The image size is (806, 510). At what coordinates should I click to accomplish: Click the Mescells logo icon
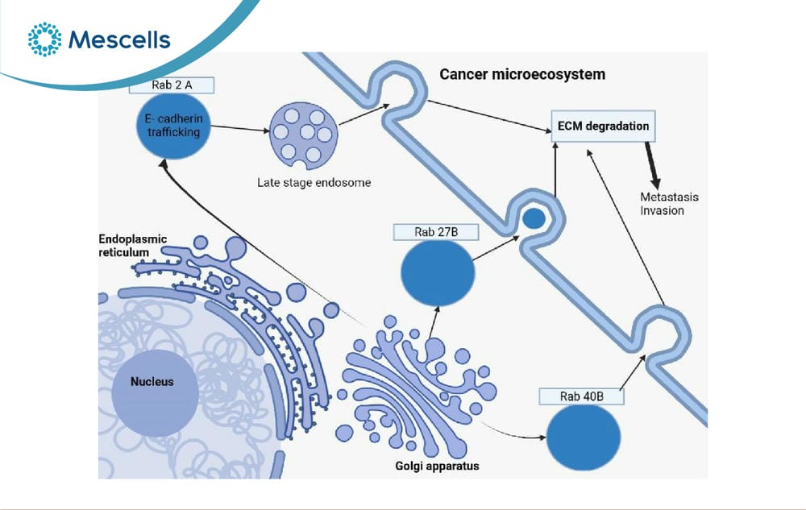[x=44, y=39]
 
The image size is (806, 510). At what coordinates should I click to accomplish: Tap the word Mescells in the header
[x=119, y=39]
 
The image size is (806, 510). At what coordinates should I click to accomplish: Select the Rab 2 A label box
[x=172, y=85]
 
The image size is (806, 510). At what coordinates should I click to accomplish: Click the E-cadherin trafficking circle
[x=173, y=126]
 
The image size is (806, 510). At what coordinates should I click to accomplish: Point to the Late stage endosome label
[x=314, y=182]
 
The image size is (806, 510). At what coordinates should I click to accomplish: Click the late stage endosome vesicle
[x=304, y=136]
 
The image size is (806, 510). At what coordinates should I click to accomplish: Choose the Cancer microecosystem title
[x=522, y=74]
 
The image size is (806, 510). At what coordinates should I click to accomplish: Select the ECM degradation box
[x=604, y=126]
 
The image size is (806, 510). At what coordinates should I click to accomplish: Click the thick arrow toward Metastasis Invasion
[x=652, y=165]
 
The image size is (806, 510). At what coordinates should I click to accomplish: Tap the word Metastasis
[x=669, y=197]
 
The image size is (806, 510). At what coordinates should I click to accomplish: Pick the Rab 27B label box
[x=436, y=232]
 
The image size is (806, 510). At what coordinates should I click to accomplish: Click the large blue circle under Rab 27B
[x=438, y=273]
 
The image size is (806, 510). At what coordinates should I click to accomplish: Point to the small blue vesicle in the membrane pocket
[x=534, y=219]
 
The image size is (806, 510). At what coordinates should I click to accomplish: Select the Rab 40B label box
[x=581, y=396]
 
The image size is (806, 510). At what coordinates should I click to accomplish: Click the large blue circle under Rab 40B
[x=583, y=437]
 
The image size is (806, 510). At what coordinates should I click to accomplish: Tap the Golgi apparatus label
[x=437, y=466]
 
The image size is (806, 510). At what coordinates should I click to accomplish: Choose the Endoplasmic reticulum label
[x=133, y=246]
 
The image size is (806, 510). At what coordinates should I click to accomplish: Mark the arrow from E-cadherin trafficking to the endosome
[x=240, y=128]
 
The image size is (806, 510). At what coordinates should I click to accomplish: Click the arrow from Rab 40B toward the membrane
[x=632, y=372]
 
